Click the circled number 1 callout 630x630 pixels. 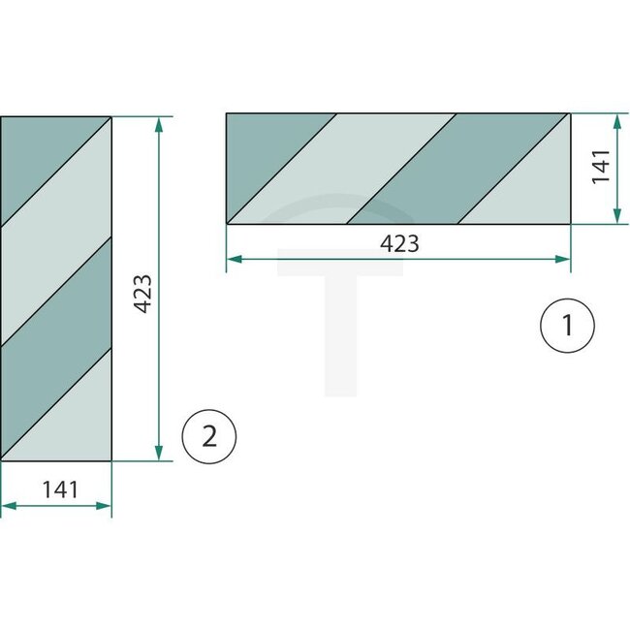(566, 328)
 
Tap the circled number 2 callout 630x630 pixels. (208, 437)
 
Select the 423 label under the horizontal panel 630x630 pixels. (399, 244)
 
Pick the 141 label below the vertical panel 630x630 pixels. (59, 489)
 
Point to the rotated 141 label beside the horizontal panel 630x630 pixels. (600, 167)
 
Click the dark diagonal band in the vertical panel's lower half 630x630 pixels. (56, 320)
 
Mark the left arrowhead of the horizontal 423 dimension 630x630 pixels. (232, 259)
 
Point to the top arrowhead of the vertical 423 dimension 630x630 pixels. (158, 123)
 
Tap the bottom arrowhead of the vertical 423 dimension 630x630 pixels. (158, 455)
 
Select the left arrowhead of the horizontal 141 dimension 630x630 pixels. (7, 505)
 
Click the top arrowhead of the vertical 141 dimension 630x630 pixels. (618, 119)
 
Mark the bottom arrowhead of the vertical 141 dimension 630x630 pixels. (618, 218)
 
